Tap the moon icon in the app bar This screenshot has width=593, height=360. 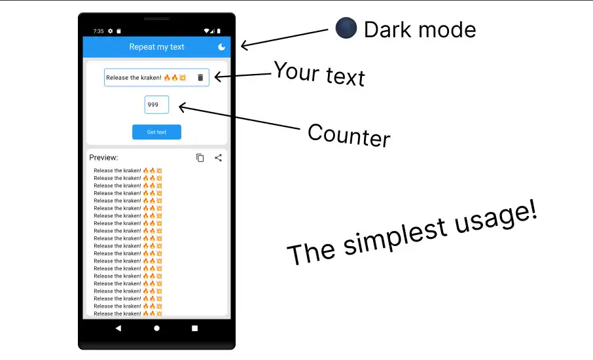pyautogui.click(x=222, y=47)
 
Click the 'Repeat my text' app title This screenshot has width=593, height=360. pyautogui.click(x=156, y=47)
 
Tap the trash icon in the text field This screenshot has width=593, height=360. pyautogui.click(x=200, y=77)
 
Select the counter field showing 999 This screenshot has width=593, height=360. pyautogui.click(x=156, y=105)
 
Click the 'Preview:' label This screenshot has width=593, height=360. pyautogui.click(x=103, y=158)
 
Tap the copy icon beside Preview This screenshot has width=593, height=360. pyautogui.click(x=200, y=158)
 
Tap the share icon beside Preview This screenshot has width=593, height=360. pyautogui.click(x=219, y=158)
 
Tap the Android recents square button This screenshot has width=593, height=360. pyautogui.click(x=194, y=329)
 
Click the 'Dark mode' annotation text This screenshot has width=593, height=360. pyautogui.click(x=420, y=29)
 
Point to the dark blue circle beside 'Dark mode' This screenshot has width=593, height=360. pyautogui.click(x=346, y=28)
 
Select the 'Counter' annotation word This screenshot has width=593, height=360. pyautogui.click(x=348, y=135)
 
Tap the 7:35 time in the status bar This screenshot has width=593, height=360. pyautogui.click(x=98, y=31)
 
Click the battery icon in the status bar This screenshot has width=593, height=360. pyautogui.click(x=219, y=31)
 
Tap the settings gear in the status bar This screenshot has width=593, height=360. pyautogui.click(x=110, y=31)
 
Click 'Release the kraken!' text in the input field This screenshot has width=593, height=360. pyautogui.click(x=134, y=78)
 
